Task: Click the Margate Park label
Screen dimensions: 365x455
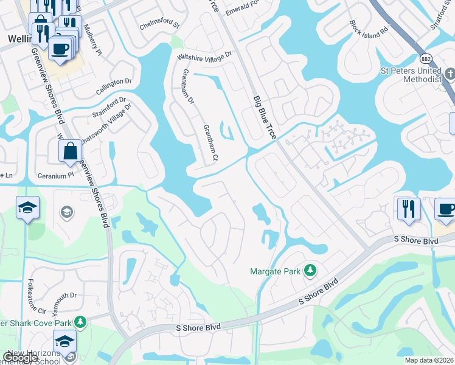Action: pyautogui.click(x=276, y=271)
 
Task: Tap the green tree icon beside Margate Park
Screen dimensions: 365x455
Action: pyautogui.click(x=310, y=269)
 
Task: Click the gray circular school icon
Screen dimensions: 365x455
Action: pyautogui.click(x=66, y=212)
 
